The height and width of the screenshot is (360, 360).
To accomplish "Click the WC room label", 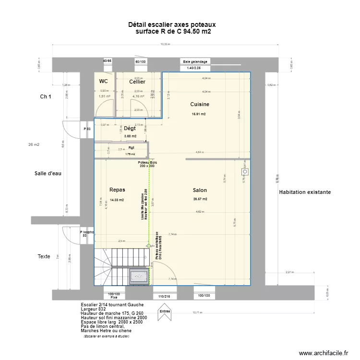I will point(103,82).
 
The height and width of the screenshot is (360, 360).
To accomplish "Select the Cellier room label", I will point(137,82).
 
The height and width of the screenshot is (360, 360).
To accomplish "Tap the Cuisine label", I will point(200,104).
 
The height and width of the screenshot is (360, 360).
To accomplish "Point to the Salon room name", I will point(200,190).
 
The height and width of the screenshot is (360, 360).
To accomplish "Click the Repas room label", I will point(117,190).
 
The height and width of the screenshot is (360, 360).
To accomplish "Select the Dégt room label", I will point(130,128).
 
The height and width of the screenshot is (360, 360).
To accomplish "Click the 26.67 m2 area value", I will point(200,199).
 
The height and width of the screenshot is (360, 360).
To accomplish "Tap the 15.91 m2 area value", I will point(199,114).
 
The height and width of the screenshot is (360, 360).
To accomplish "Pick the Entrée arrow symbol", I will point(165,311).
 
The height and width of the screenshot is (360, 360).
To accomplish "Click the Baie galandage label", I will point(195,61).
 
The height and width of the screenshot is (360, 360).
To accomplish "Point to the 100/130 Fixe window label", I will point(114,295).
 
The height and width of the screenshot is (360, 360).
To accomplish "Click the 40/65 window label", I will point(107,61).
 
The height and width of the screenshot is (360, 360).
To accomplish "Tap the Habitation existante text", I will point(304,192).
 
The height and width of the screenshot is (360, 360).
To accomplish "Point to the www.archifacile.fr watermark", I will point(323,353).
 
